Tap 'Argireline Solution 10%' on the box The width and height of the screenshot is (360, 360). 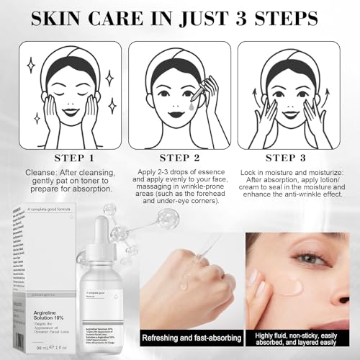click(x=47, y=294)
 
